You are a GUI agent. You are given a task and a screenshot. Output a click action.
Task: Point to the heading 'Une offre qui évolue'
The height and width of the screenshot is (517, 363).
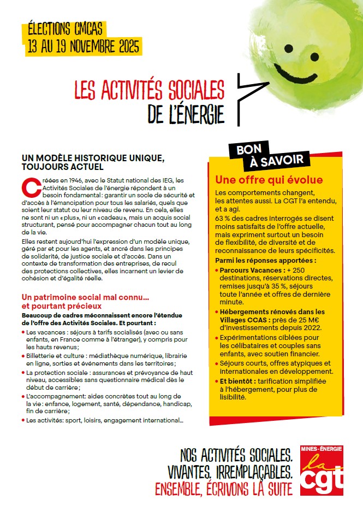[269, 180]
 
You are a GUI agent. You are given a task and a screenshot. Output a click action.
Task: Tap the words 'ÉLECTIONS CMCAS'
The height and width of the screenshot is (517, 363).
[64, 28]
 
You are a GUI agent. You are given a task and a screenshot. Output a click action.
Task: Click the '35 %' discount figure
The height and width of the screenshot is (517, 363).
[283, 285]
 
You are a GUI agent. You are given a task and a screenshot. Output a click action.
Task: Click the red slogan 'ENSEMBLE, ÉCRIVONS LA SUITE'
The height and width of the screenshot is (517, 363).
[224, 487]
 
